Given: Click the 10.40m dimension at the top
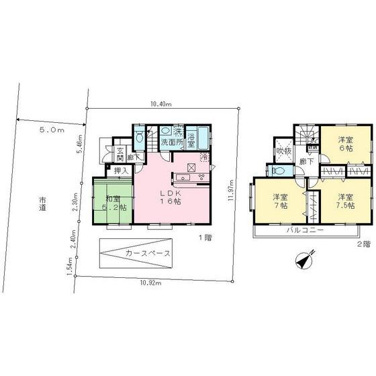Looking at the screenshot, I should coord(161,104).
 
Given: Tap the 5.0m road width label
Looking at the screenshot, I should coord(52,128).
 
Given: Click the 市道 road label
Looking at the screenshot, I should coord(42,204).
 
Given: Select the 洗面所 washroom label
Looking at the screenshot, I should coord(173,143).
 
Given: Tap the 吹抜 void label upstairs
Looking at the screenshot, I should coord(283,150).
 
